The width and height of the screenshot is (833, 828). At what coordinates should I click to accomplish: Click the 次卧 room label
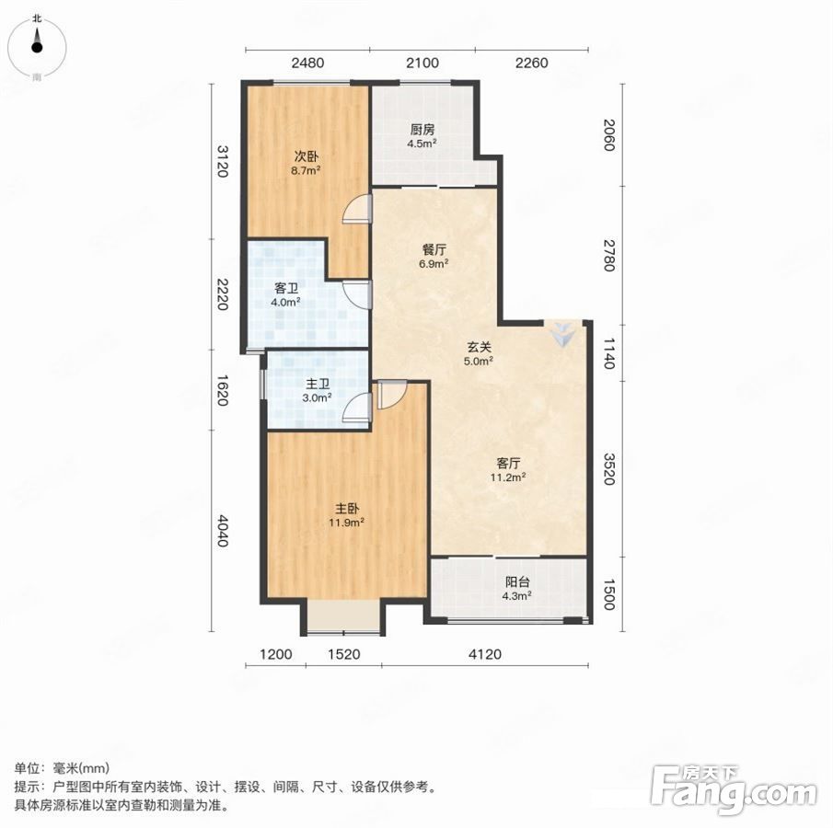307,157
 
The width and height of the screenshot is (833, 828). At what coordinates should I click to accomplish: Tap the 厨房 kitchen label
422,130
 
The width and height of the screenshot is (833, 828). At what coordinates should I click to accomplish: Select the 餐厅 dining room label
434,249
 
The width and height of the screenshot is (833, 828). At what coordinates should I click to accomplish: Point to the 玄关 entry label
480,348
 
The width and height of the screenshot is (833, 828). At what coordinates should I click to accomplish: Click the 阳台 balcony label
517,582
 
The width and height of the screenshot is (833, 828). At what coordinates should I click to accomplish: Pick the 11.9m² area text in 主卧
346,523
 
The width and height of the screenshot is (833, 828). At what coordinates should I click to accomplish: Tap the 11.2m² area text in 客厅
508,477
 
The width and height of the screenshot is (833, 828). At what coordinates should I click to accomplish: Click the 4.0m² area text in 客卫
286,302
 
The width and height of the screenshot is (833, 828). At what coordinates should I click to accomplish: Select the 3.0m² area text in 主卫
318,397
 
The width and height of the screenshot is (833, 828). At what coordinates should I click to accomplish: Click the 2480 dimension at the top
307,63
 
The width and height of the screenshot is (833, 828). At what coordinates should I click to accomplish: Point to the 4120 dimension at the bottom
485,654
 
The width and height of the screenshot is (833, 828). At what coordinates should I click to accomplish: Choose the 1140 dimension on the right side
609,353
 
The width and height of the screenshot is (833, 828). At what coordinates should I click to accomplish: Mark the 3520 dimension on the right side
609,468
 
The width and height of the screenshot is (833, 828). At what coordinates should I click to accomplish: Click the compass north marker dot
37,48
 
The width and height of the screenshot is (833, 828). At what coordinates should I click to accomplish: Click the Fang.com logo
735,791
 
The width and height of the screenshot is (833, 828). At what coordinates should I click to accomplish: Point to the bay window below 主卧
344,617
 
